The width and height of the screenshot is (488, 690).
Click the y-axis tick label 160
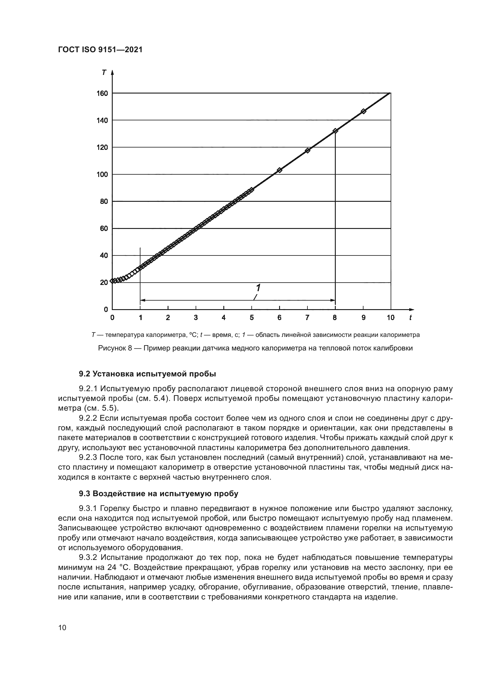102,94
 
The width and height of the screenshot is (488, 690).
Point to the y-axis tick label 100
102,174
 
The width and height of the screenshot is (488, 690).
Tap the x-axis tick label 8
335,318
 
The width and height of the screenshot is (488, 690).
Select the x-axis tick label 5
251,318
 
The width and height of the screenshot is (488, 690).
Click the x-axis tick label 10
390,318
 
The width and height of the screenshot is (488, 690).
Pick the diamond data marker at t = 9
363,111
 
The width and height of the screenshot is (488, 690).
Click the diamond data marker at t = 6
279,170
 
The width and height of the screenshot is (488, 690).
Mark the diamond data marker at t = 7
307,150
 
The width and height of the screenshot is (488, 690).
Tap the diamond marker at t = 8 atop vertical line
335,131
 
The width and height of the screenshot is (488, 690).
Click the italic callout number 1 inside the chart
258,288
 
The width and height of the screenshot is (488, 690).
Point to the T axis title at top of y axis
104,73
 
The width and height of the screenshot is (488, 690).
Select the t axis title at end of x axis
410,318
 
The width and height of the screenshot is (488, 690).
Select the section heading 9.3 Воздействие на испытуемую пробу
158,494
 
